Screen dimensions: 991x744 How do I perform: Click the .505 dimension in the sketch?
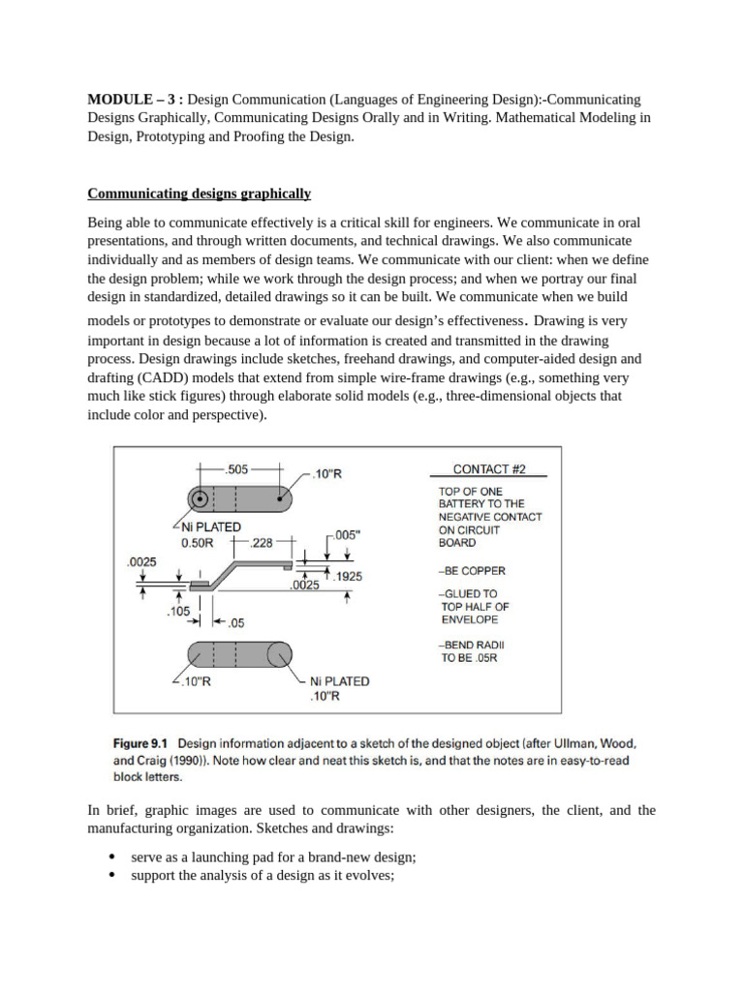click(236, 469)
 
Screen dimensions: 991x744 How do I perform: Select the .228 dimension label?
click(261, 543)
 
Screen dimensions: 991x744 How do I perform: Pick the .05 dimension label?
click(235, 622)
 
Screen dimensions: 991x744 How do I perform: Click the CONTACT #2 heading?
click(488, 469)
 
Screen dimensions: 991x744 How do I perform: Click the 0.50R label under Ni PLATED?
click(198, 543)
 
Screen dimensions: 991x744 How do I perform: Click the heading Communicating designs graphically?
click(200, 194)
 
